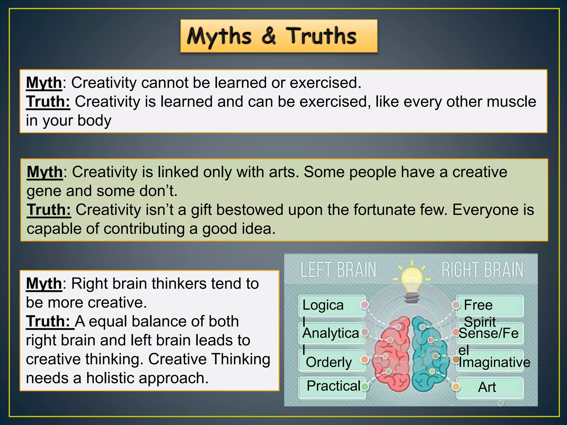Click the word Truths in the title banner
(x=321, y=36)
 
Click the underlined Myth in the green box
(x=45, y=172)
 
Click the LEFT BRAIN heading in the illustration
(x=338, y=270)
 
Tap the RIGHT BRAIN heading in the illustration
(x=482, y=270)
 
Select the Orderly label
(x=329, y=362)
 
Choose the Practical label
(x=333, y=386)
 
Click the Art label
(x=487, y=387)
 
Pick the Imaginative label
(x=494, y=362)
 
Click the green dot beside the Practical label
(x=365, y=386)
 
